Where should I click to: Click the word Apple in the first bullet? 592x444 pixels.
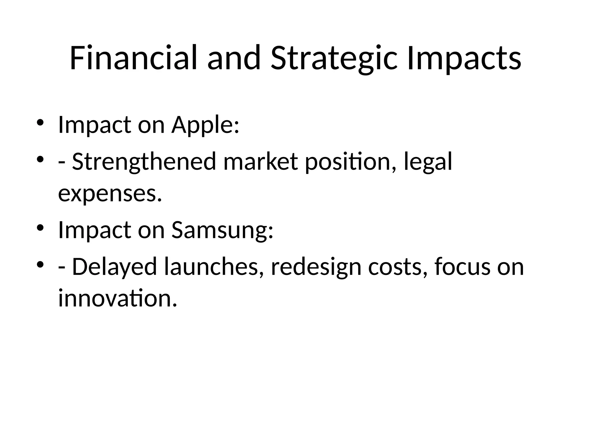205,125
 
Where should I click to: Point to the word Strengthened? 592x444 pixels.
144,162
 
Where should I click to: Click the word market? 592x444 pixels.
260,162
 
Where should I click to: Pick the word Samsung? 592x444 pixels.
222,230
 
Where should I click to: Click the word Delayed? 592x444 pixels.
114,267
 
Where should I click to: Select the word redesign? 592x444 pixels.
316,267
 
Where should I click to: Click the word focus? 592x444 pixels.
462,267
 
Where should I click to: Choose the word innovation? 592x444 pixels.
117,298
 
